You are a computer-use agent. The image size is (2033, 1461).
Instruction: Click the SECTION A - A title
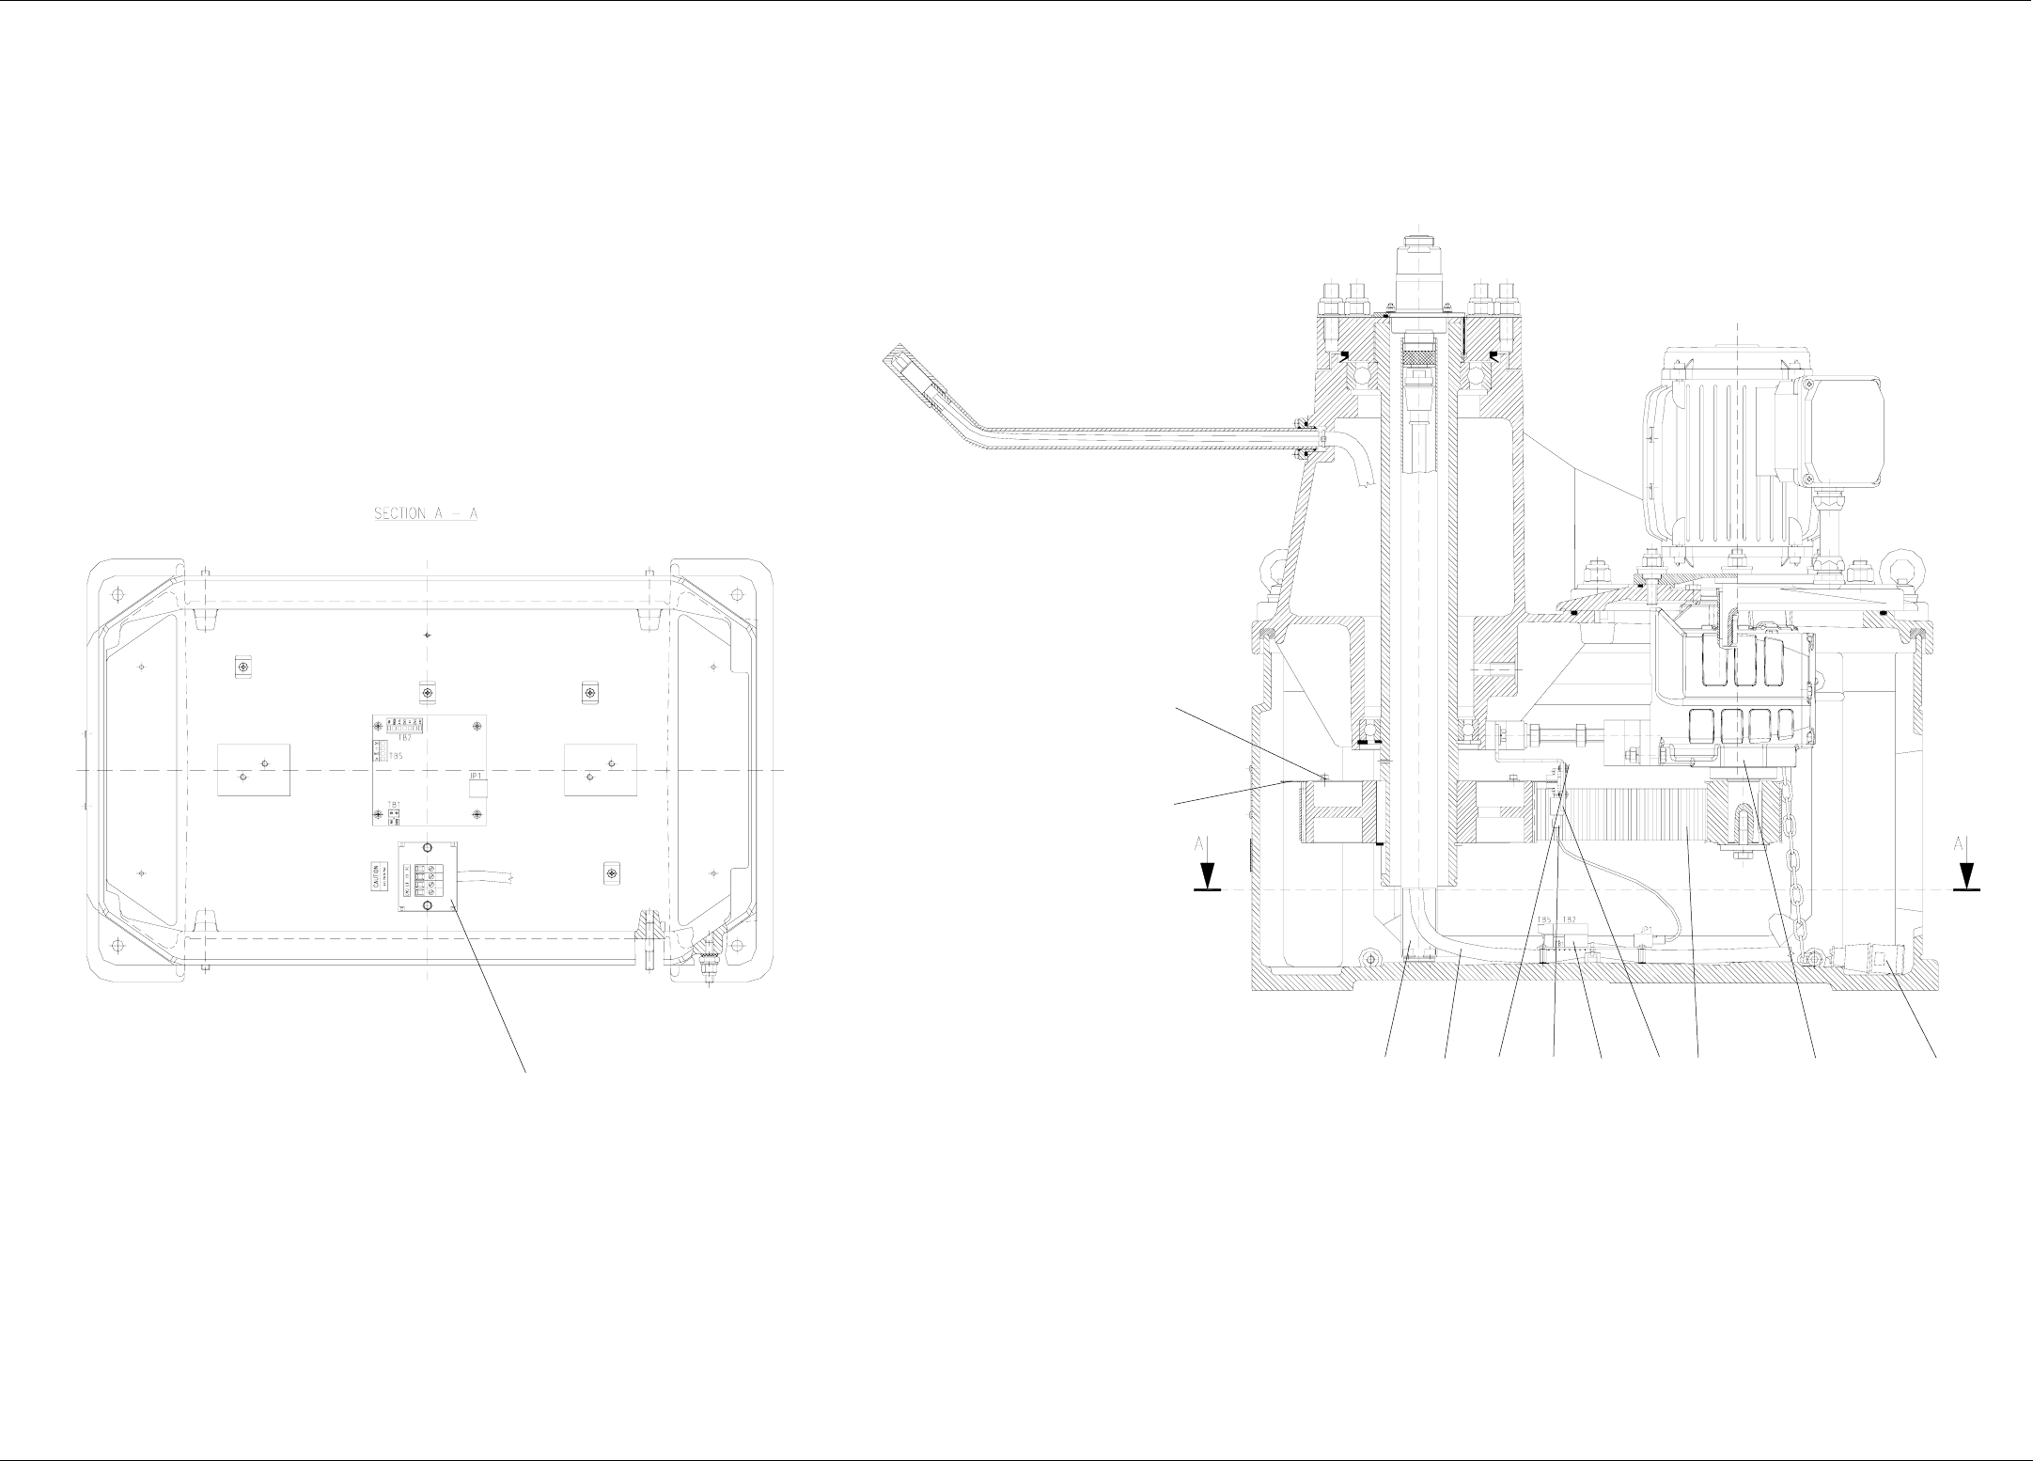[x=426, y=514]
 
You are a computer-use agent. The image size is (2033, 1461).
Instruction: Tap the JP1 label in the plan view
[x=476, y=777]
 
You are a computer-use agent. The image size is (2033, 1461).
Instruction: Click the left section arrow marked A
[x=1207, y=866]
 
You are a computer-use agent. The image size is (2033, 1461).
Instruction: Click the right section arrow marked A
[x=1966, y=866]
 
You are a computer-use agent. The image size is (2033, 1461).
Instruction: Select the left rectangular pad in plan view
[x=254, y=770]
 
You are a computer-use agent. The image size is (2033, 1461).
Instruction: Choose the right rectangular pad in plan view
[x=600, y=770]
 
